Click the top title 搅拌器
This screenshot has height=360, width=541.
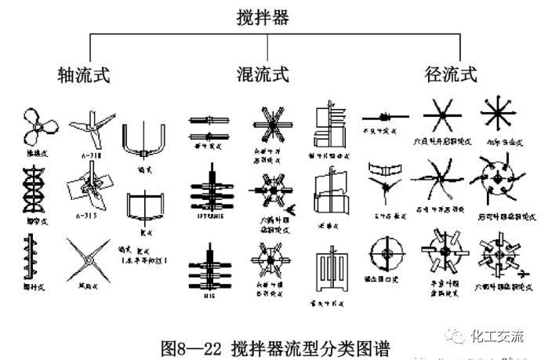263,16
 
